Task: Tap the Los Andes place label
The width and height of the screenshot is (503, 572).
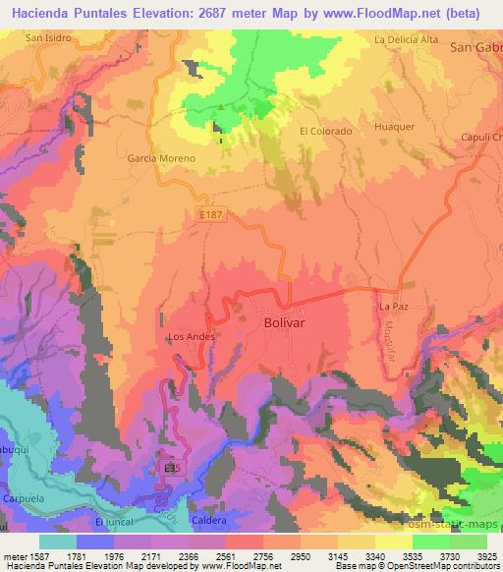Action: click(x=191, y=336)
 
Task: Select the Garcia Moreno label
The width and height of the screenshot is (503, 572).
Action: click(x=161, y=157)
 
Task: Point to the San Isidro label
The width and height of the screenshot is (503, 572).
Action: click(x=49, y=38)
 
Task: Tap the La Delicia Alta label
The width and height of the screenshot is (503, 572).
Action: click(x=406, y=39)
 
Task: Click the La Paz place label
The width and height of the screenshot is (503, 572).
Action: click(x=392, y=307)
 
